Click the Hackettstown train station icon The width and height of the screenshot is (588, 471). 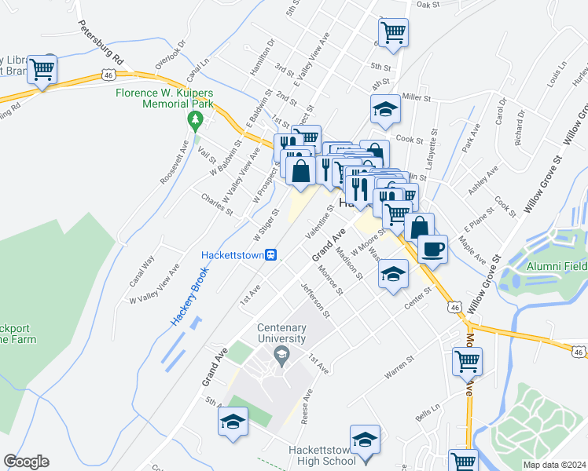270,254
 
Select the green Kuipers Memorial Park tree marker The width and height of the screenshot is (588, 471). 195,120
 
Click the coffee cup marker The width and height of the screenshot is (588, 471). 432,249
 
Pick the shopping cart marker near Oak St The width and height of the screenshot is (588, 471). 393,32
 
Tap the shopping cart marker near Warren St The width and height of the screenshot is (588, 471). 467,361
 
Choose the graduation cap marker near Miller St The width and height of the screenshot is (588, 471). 385,108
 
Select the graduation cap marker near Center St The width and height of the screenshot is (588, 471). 392,275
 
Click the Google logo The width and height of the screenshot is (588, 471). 26,462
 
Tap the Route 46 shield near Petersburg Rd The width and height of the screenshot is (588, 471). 108,75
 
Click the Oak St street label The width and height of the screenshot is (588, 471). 428,5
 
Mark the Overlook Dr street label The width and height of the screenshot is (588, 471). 171,55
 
